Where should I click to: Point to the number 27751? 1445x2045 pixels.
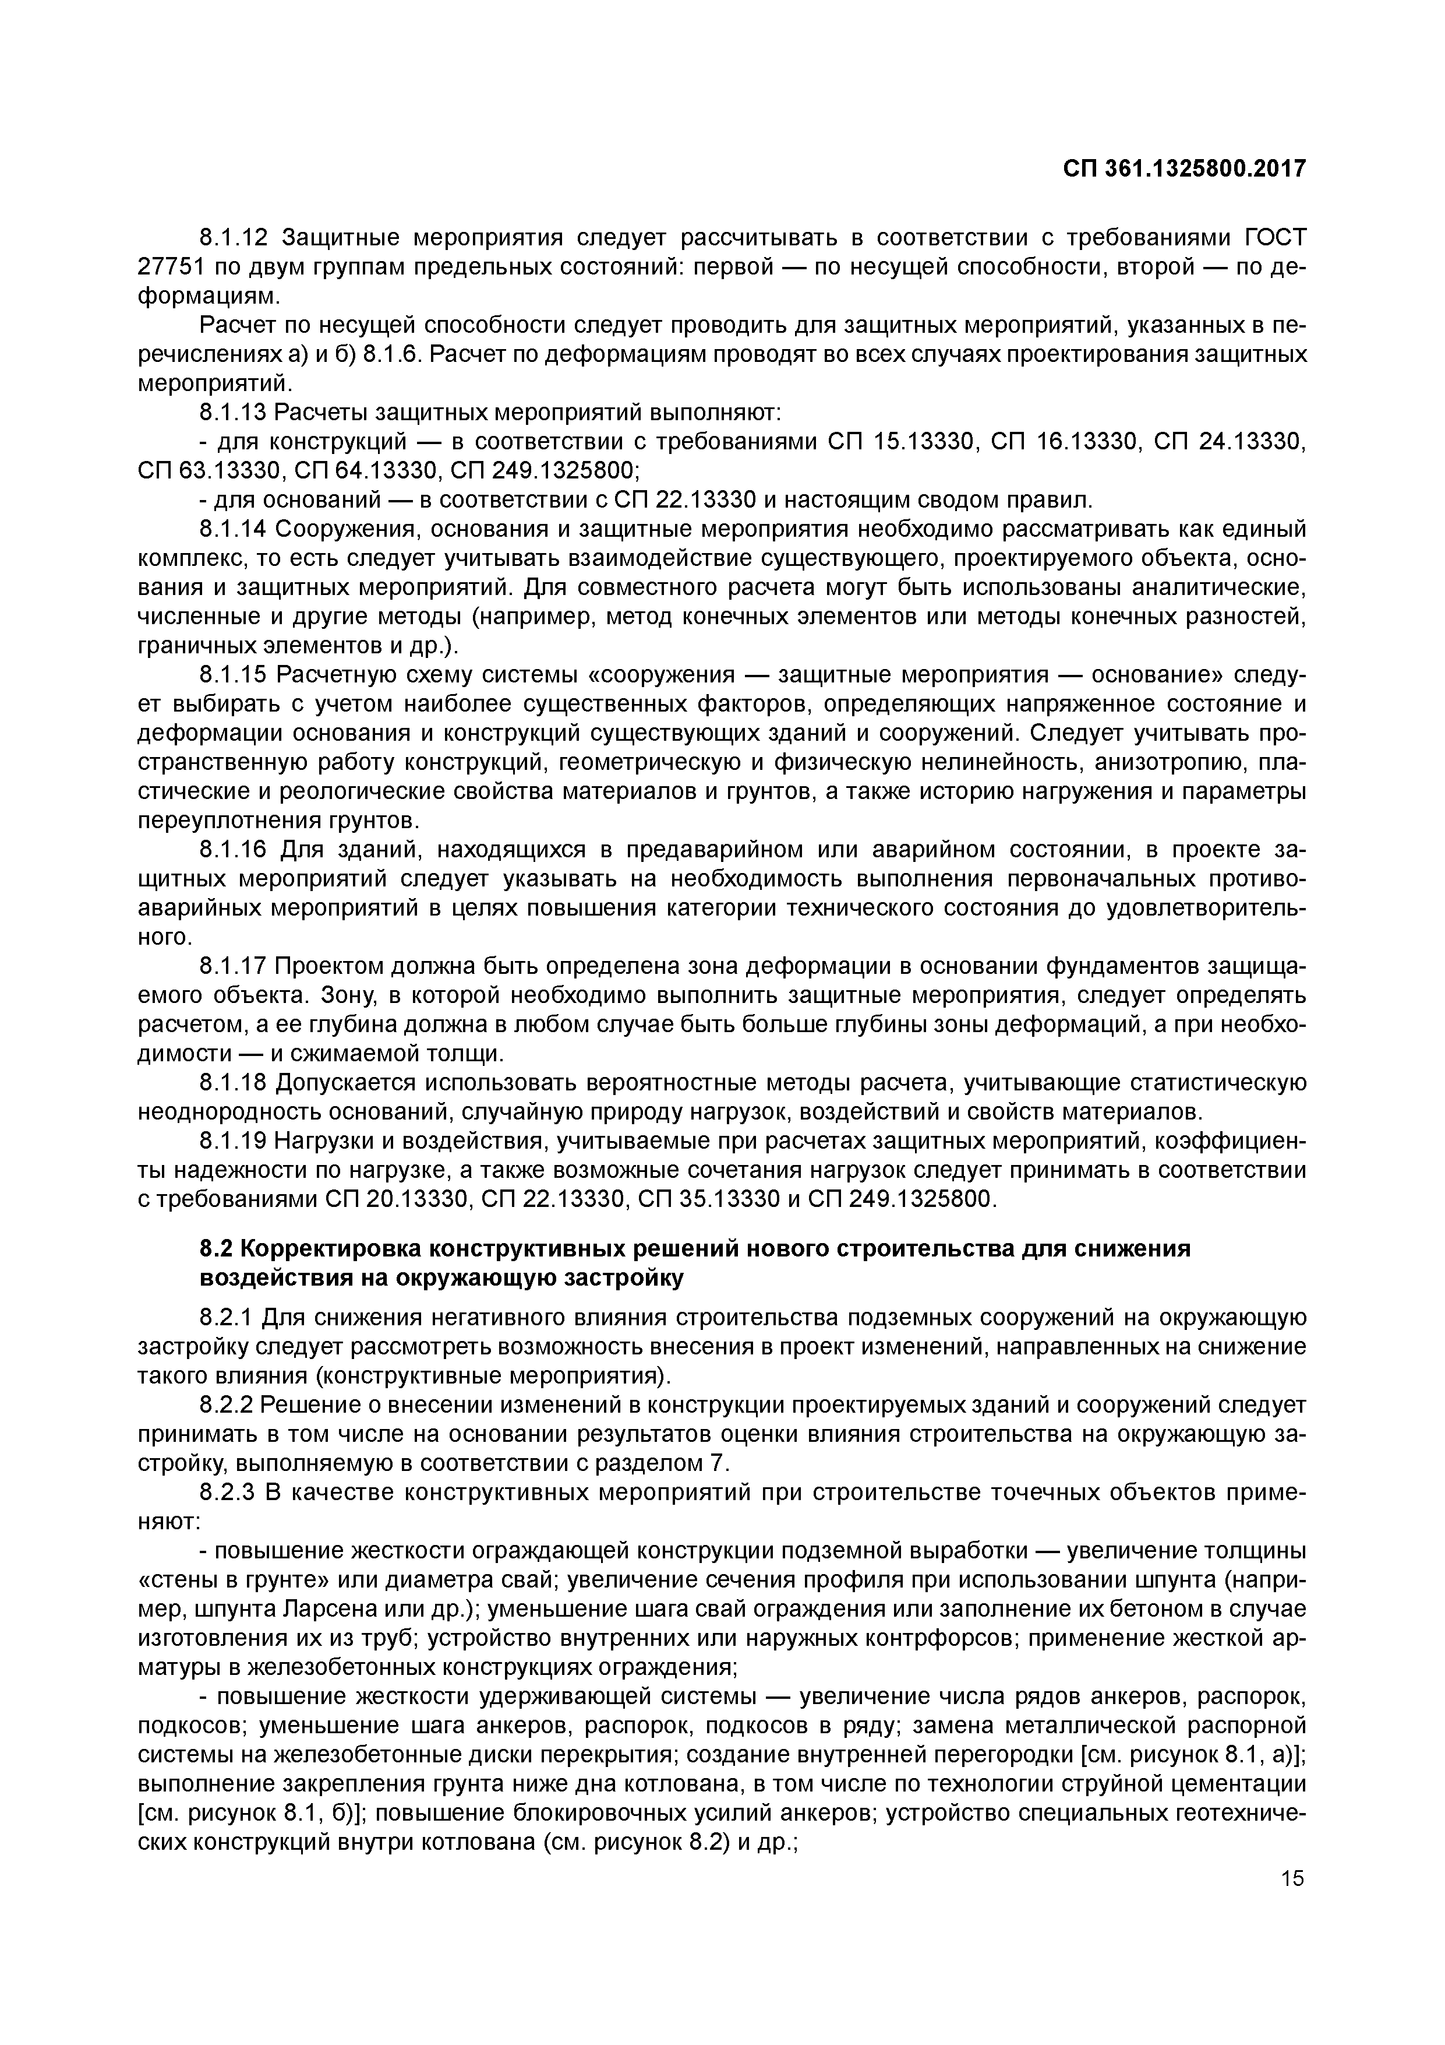169,267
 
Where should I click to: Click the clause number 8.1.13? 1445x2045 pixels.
234,413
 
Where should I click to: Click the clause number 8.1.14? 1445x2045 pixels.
234,529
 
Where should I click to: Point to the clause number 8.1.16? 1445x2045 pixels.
234,851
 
